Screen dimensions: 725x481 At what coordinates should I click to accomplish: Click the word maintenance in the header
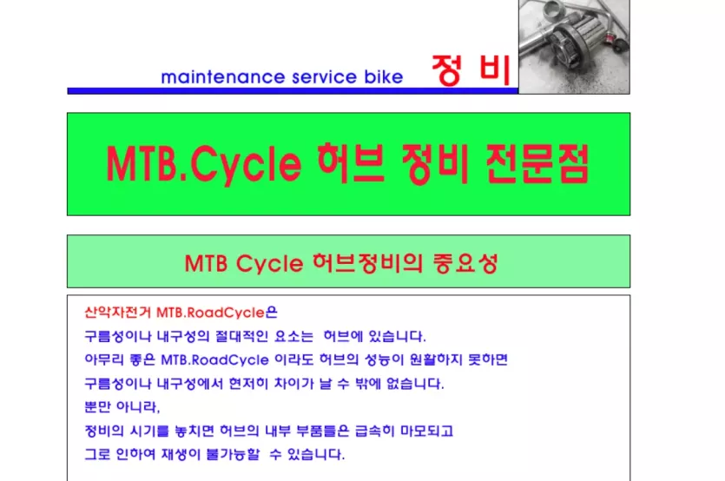(x=222, y=76)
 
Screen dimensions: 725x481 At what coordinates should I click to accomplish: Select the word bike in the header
(x=383, y=76)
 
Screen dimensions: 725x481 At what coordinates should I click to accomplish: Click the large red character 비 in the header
(x=494, y=70)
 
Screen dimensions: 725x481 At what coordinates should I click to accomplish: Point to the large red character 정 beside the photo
(x=447, y=70)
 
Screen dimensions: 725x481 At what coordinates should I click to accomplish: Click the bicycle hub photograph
(x=574, y=47)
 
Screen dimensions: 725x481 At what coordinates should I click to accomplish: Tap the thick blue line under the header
(x=293, y=91)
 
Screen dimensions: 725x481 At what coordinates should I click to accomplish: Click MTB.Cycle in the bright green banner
(x=204, y=164)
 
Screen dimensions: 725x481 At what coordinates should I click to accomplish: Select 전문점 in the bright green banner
(x=537, y=163)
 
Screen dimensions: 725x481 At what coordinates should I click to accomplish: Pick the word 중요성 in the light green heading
(x=465, y=263)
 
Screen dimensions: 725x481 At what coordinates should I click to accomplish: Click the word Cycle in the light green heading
(x=269, y=264)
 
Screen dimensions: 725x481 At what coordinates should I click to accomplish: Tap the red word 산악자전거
(x=118, y=313)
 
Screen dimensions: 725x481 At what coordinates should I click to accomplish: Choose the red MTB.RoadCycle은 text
(x=217, y=313)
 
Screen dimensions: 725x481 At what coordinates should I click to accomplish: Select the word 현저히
(x=248, y=384)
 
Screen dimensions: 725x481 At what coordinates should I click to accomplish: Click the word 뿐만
(x=97, y=407)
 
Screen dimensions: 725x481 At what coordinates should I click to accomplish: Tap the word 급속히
(x=374, y=431)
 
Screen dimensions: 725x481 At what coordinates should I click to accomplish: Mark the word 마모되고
(x=426, y=431)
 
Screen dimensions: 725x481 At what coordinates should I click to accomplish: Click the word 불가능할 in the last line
(x=233, y=454)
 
